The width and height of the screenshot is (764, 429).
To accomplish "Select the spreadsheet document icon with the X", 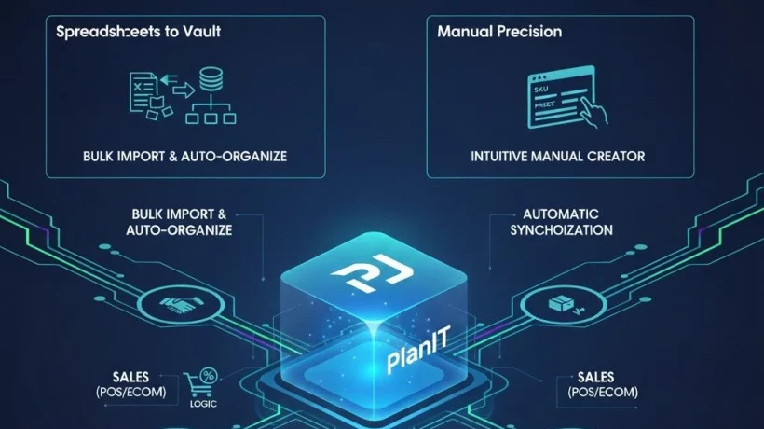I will coord(141,86).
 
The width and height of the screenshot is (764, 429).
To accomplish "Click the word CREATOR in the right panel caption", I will coord(615,156).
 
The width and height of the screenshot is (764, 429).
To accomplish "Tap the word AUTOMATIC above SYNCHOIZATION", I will coord(561,214).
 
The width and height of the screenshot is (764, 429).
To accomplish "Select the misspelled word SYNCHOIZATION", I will coord(561,229).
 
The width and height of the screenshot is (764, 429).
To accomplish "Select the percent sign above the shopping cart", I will coord(208,375).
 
